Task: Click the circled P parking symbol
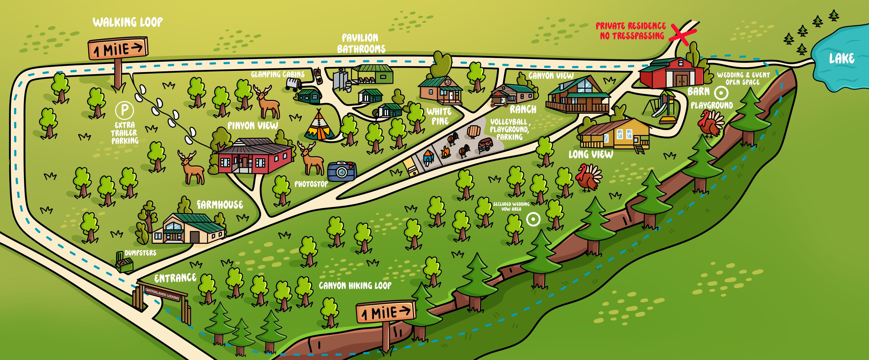pos(125,110)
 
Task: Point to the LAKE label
pos(842,59)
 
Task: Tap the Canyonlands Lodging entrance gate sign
pos(162,294)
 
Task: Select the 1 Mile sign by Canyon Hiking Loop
pos(386,312)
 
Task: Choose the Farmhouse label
pos(220,204)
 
